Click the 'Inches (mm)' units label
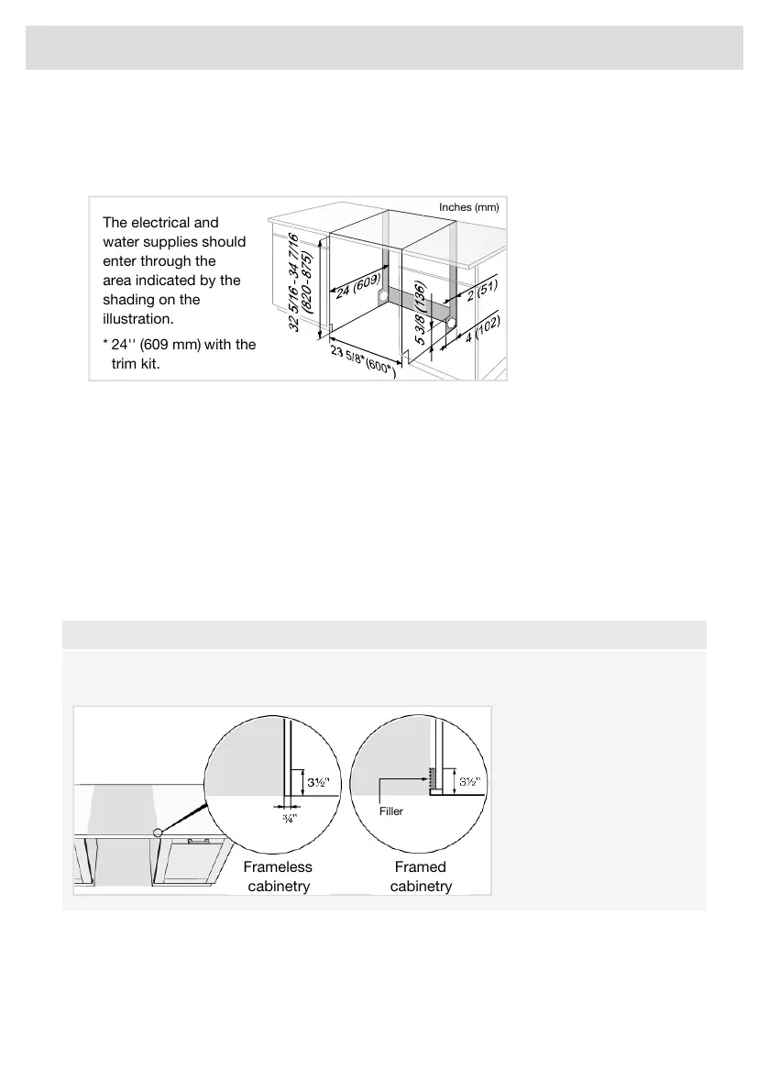click(x=467, y=207)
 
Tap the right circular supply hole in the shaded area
click(x=451, y=322)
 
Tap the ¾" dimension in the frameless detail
click(x=288, y=817)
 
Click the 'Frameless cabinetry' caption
click(x=278, y=877)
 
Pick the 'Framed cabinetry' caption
click(x=421, y=877)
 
